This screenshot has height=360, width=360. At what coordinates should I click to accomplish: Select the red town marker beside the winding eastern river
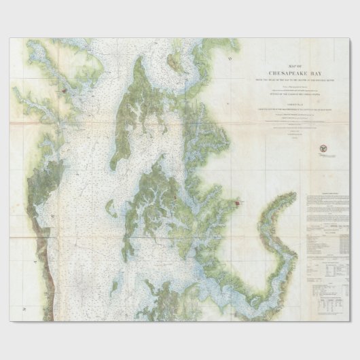point(236,203)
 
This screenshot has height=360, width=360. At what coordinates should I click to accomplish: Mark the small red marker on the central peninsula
point(176,198)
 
